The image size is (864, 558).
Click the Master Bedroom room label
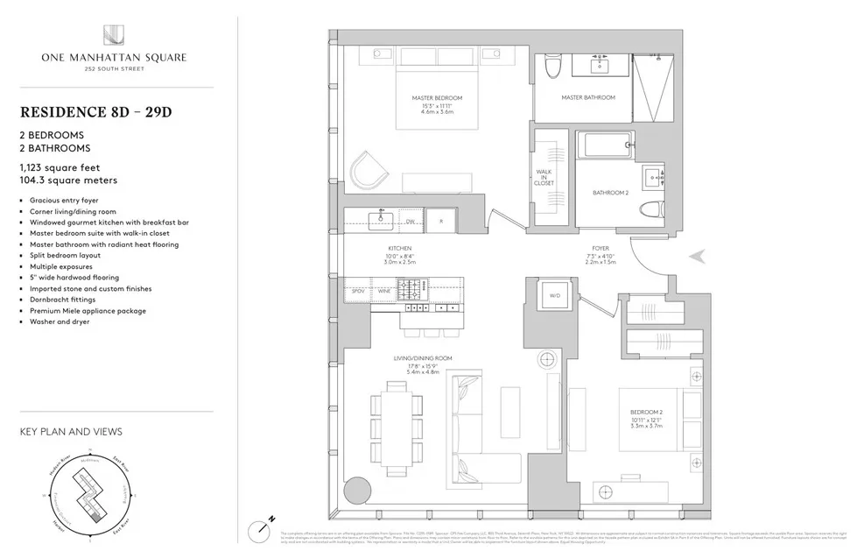[x=437, y=97]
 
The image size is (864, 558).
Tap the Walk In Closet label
[x=543, y=177]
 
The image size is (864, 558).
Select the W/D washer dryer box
[x=554, y=296]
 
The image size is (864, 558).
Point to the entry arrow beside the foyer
[x=699, y=256]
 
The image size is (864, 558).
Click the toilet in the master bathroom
[x=552, y=66]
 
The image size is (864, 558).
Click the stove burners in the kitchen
[x=413, y=288]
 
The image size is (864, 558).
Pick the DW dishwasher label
[x=410, y=222]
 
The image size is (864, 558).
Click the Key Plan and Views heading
[x=71, y=432]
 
